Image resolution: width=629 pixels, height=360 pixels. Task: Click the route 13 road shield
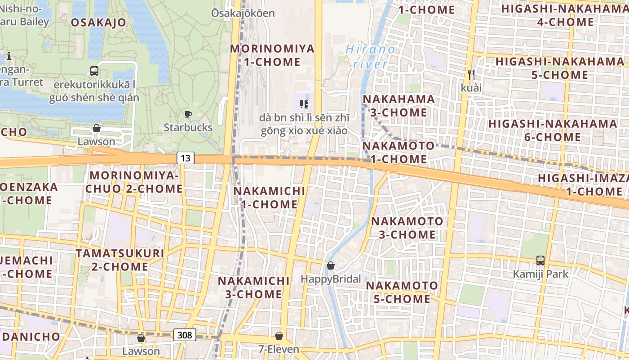(186, 158)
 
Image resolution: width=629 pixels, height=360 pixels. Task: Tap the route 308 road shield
(185, 334)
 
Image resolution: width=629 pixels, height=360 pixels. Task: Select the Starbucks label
(188, 127)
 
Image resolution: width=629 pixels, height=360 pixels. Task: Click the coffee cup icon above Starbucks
(188, 115)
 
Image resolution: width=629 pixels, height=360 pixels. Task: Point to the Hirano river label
(371, 56)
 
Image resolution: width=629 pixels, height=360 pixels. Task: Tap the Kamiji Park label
(540, 274)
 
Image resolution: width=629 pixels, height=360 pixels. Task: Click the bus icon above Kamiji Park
(540, 261)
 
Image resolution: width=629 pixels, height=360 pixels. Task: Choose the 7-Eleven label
(279, 349)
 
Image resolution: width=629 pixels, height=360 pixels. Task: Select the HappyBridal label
(331, 279)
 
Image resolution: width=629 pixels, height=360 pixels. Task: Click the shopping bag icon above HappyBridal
(331, 266)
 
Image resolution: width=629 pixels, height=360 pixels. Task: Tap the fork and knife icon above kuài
(471, 74)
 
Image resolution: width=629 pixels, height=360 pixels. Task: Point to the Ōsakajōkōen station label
(243, 13)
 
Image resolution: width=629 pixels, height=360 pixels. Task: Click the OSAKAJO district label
(98, 22)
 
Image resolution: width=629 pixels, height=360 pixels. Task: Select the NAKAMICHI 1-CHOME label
(269, 198)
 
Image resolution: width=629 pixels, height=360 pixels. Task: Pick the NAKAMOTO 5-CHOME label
(402, 292)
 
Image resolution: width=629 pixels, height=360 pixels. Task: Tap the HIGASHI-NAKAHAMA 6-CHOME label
(553, 130)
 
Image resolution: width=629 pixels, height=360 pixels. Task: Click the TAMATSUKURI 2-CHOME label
(120, 260)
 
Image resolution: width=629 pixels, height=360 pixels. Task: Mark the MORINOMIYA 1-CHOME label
(272, 55)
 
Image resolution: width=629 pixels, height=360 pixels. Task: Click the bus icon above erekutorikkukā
(94, 71)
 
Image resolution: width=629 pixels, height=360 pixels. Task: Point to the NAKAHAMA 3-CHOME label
(399, 105)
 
